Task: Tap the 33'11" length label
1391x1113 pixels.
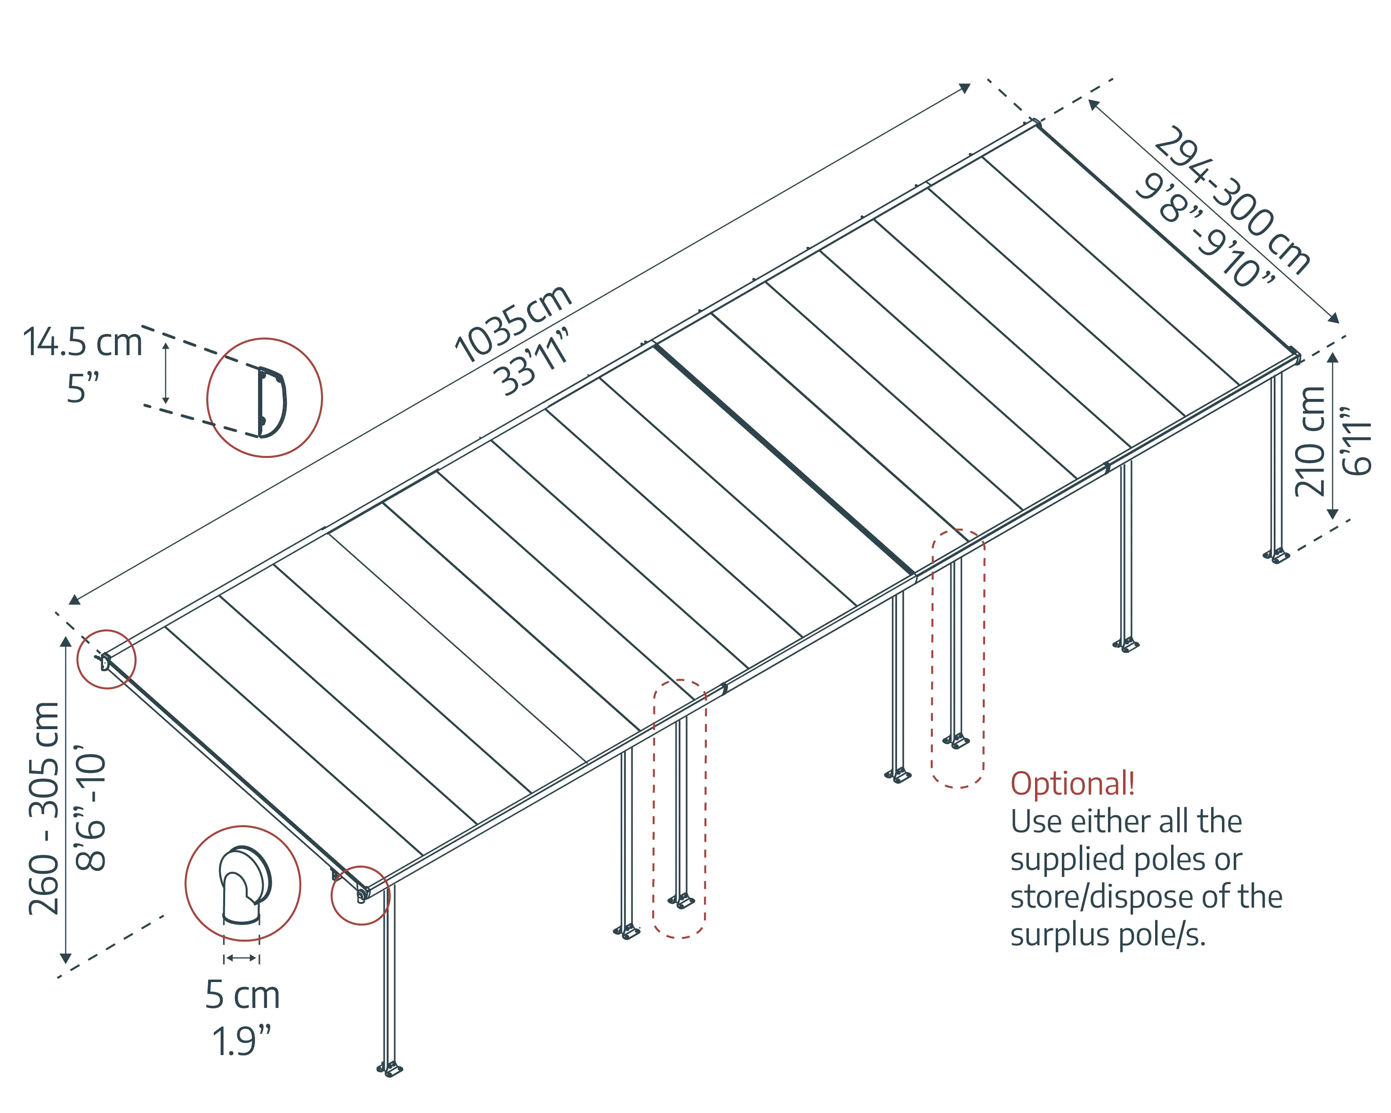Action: (x=535, y=361)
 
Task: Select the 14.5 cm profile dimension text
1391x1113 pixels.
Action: (x=82, y=342)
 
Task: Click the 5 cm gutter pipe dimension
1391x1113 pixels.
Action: (x=242, y=995)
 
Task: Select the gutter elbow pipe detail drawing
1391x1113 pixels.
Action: (x=244, y=884)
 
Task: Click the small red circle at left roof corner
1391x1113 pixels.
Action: (x=106, y=659)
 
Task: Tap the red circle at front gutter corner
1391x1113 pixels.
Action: (x=360, y=895)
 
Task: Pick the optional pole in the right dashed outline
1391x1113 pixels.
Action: (x=956, y=652)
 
